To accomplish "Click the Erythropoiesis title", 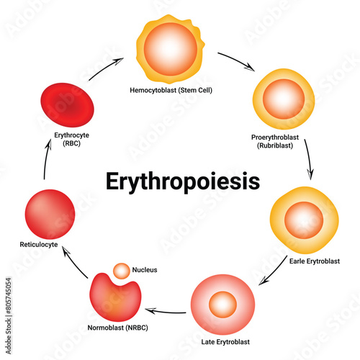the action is (x=183, y=181).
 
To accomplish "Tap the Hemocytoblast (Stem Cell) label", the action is (x=171, y=90).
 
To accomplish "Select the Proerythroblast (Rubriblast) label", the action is (x=275, y=141).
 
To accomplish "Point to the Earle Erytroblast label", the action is (x=315, y=261).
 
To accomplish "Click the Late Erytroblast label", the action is (x=225, y=342).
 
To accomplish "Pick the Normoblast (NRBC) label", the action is (x=117, y=328).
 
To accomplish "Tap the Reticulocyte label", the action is (x=39, y=245).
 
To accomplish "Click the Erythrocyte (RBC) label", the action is (x=71, y=139).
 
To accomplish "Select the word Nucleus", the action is (x=145, y=270).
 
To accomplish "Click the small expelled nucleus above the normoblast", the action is (x=122, y=271).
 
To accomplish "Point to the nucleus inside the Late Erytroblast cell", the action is (x=222, y=305).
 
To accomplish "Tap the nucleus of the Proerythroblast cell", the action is (x=284, y=99).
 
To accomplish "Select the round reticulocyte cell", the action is (x=50, y=215).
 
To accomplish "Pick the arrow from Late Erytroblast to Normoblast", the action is (x=166, y=312).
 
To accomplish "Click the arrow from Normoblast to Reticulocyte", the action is (x=74, y=261).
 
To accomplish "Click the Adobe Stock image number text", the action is (x=9, y=316).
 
